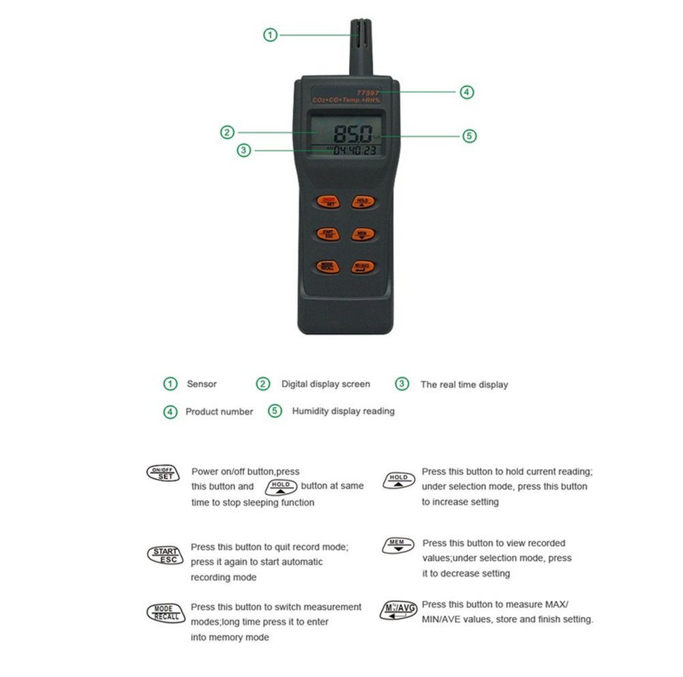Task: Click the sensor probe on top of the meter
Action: (361, 44)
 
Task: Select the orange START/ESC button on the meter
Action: (327, 234)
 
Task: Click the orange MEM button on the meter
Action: (362, 234)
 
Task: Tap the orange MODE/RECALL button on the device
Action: (327, 267)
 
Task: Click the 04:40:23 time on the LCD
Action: (354, 151)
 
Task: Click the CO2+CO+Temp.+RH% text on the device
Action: (346, 101)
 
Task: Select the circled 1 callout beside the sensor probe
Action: (271, 34)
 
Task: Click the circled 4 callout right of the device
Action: (466, 91)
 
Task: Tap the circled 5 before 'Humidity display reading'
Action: (275, 411)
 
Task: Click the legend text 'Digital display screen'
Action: (326, 384)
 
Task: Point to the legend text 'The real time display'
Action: (464, 385)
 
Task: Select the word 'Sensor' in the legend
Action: (202, 384)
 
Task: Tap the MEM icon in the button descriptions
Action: (397, 545)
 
